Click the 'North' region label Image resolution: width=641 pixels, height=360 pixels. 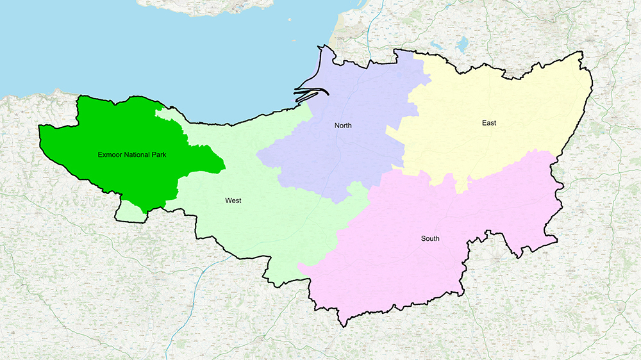[x=343, y=126]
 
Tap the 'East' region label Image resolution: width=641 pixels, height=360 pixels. [x=489, y=122]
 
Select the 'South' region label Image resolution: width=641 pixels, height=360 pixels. [x=430, y=239]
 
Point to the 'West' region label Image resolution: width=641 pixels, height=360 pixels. [x=233, y=200]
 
